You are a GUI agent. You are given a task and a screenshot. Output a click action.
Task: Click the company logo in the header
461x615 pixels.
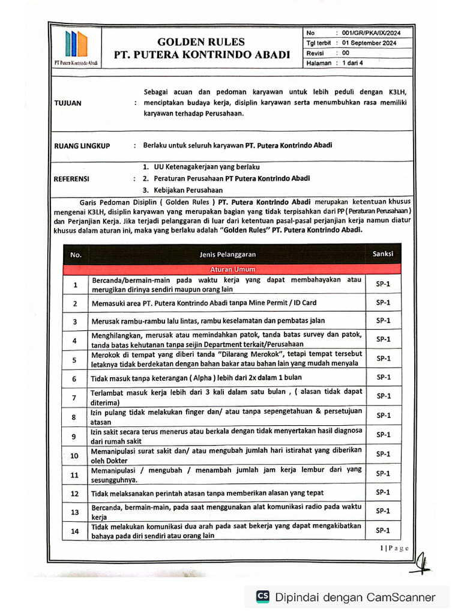point(76,46)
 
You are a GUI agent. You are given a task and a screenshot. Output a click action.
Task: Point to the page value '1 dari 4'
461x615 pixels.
point(353,62)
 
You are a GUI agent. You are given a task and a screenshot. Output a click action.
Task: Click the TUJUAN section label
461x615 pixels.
point(68,103)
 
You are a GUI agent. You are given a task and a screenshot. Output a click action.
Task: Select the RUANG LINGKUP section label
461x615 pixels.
point(82,145)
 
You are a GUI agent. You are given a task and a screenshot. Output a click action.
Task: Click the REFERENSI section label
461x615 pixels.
point(71,178)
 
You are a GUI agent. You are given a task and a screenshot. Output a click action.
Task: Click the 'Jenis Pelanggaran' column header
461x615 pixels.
point(227,255)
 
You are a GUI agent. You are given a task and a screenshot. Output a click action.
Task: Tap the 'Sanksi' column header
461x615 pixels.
point(383,254)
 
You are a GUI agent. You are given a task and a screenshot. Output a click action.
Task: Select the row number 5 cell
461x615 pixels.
point(75,360)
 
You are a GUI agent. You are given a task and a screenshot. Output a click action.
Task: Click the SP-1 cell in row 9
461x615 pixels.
point(383,434)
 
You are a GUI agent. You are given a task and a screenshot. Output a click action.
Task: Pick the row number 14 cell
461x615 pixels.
point(75,531)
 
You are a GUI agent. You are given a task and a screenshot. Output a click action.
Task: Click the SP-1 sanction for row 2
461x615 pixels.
point(383,303)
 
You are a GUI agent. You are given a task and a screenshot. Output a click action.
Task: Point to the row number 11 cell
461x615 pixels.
point(75,474)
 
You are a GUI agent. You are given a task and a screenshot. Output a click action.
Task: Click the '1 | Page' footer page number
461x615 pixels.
point(394,548)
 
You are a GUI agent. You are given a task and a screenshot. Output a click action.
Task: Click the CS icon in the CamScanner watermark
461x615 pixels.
point(263,596)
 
